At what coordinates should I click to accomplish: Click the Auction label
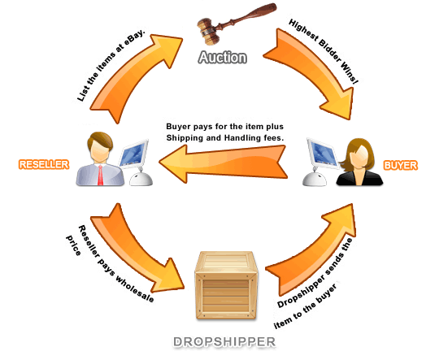pyautogui.click(x=223, y=57)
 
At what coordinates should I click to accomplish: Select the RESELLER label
pyautogui.click(x=44, y=164)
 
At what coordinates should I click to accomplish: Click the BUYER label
pyautogui.click(x=400, y=165)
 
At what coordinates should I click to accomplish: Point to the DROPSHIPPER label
pyautogui.click(x=224, y=342)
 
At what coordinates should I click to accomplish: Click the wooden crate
pyautogui.click(x=226, y=285)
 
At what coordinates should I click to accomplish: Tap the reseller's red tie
pyautogui.click(x=100, y=175)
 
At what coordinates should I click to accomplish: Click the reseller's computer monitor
pyautogui.click(x=133, y=154)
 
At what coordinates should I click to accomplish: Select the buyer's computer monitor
pyautogui.click(x=322, y=153)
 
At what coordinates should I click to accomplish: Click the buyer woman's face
pyautogui.click(x=359, y=155)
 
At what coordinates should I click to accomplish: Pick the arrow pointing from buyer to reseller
pyautogui.click(x=223, y=163)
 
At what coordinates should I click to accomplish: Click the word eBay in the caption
pyautogui.click(x=134, y=37)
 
